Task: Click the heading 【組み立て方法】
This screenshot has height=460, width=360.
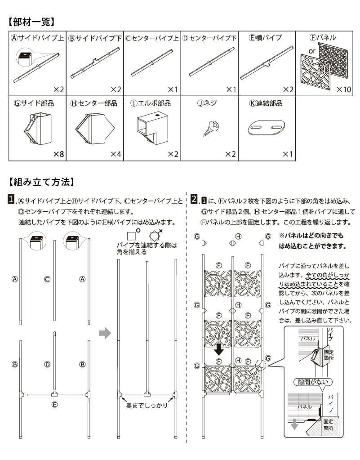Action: tap(40, 182)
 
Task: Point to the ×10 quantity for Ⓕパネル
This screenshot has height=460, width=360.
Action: tap(343, 89)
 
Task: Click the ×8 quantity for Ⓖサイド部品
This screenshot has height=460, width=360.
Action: tap(59, 154)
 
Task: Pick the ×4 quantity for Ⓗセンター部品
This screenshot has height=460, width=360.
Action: tap(116, 154)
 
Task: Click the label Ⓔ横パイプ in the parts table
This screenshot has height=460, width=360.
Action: tap(265, 38)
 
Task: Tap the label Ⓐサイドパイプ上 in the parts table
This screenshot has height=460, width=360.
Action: tap(38, 38)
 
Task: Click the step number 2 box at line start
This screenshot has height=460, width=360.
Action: tap(194, 199)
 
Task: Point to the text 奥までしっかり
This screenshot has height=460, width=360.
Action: tap(147, 405)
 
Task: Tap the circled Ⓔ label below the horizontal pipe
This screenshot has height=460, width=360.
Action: tap(54, 404)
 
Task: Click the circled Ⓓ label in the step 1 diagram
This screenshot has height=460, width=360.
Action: tap(47, 364)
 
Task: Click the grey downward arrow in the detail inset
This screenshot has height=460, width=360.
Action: tap(294, 424)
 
